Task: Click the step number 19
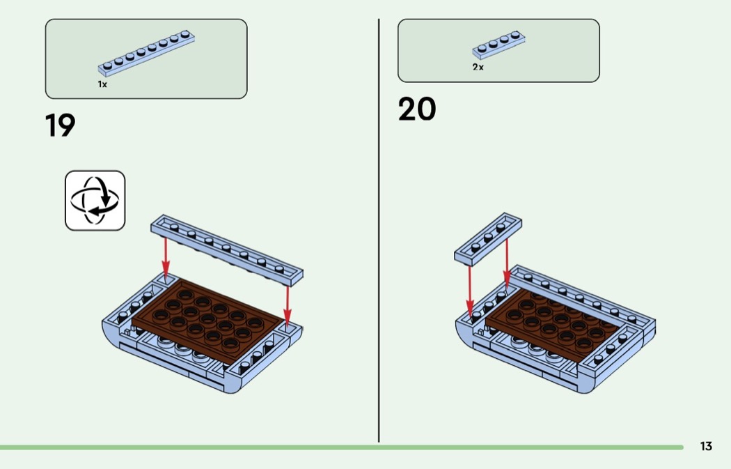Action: tap(60, 125)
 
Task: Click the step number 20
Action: tap(417, 109)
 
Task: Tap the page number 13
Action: tap(706, 447)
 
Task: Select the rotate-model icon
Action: tap(95, 201)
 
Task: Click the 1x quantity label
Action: tap(102, 84)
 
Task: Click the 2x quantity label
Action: tap(478, 68)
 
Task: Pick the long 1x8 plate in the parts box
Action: tap(146, 52)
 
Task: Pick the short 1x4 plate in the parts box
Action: tap(498, 44)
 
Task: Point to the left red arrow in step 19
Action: tap(166, 256)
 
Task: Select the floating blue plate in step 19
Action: tap(227, 249)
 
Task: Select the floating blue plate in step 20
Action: tap(489, 238)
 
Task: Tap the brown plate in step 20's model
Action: tap(550, 325)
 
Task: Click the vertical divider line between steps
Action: tap(379, 230)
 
